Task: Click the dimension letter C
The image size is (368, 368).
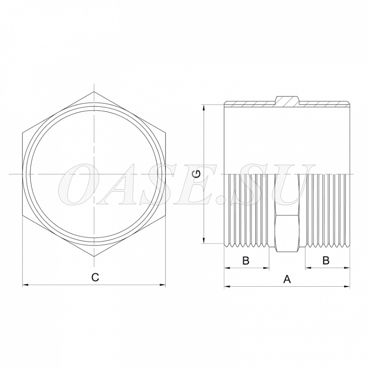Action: click(x=95, y=277)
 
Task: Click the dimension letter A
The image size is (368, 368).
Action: click(x=287, y=279)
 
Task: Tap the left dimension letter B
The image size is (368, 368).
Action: click(x=245, y=260)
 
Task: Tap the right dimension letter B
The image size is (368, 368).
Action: click(x=326, y=260)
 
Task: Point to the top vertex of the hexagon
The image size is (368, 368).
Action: click(x=94, y=92)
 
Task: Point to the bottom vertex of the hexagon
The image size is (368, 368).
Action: click(x=94, y=256)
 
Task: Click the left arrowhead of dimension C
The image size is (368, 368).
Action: click(x=25, y=285)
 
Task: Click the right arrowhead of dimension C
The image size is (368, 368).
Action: click(x=163, y=285)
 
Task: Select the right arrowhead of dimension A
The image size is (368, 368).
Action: click(x=347, y=286)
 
